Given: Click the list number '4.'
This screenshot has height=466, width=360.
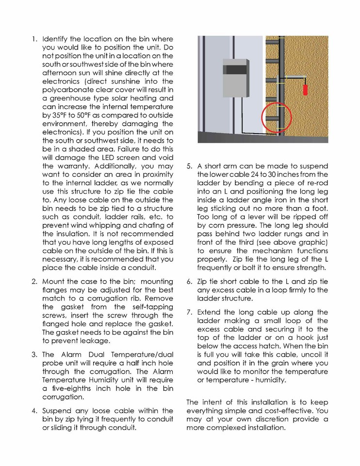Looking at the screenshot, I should pyautogui.click(x=34, y=411).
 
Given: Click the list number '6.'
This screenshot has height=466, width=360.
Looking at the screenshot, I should pyautogui.click(x=190, y=282).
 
